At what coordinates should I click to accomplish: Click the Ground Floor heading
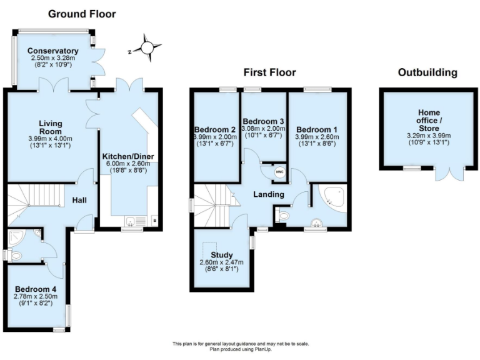(82, 14)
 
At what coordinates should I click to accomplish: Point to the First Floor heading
(269, 72)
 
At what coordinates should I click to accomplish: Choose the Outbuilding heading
(427, 72)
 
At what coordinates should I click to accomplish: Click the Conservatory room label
(53, 51)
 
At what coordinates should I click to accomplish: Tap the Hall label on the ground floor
(79, 200)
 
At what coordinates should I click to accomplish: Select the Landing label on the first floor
(268, 194)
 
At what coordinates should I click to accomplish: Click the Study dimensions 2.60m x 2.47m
(221, 262)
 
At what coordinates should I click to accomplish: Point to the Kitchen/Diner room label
(128, 156)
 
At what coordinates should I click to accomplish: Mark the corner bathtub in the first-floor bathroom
(331, 198)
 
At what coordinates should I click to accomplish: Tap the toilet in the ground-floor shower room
(16, 255)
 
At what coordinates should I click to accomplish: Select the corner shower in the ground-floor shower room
(15, 236)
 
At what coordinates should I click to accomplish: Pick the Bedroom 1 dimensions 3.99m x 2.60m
(318, 137)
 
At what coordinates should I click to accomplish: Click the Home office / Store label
(428, 120)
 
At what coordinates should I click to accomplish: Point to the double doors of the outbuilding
(451, 172)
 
